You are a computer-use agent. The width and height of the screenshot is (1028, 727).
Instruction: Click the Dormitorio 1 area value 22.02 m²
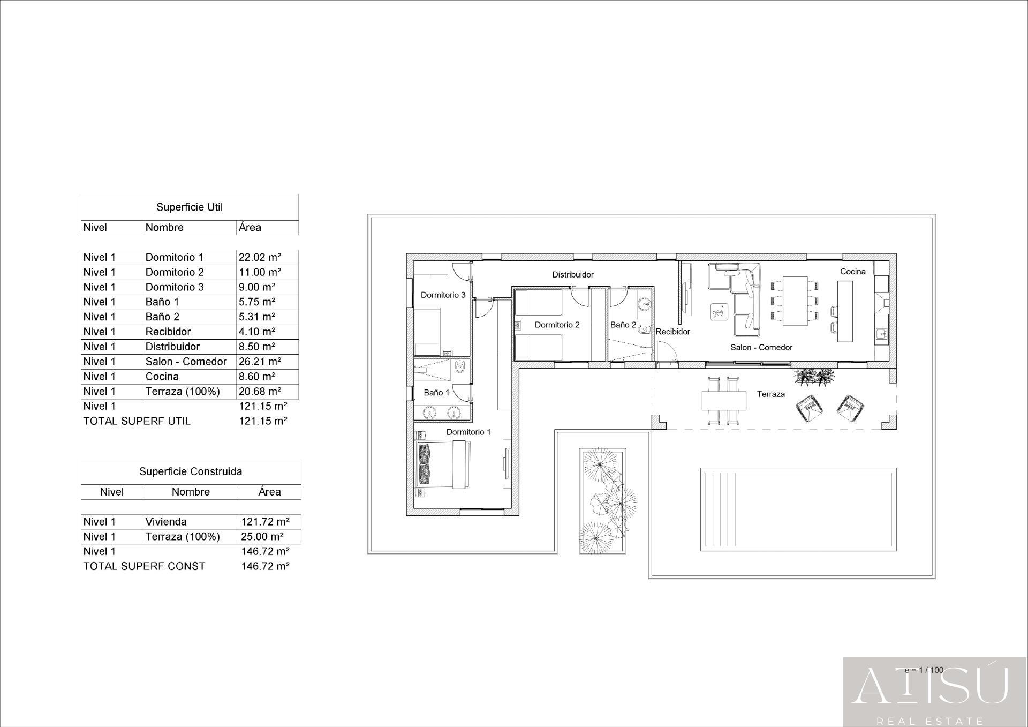click(260, 257)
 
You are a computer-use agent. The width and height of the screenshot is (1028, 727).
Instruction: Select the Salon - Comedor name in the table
click(186, 362)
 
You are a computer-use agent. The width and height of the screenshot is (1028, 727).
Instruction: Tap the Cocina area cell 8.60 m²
click(257, 377)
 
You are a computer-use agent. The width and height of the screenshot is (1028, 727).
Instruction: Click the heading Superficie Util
click(190, 207)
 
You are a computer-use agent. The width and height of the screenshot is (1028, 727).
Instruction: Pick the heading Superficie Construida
click(191, 471)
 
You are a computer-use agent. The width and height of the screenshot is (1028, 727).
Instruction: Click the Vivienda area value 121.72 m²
click(265, 522)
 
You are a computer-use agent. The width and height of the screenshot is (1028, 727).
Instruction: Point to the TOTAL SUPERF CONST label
click(144, 566)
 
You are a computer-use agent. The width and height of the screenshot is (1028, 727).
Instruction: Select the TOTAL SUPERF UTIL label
click(137, 421)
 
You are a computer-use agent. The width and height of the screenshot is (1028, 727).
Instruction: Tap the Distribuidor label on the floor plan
click(573, 275)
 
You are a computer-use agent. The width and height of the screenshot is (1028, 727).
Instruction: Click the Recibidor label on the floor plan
click(672, 332)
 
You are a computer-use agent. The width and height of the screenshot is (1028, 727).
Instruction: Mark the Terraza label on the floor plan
click(770, 394)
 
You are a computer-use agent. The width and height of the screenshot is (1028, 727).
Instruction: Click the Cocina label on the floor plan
click(852, 272)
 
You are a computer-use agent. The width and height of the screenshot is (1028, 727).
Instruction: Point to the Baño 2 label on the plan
click(623, 325)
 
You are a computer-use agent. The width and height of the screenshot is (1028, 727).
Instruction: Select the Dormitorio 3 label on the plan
click(443, 295)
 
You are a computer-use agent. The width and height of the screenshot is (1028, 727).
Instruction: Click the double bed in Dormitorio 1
click(444, 464)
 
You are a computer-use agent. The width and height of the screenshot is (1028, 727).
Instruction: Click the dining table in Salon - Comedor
click(795, 301)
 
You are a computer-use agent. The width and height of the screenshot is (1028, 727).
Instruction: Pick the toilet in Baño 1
click(459, 368)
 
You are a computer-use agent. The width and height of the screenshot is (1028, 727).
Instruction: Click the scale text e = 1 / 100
click(924, 670)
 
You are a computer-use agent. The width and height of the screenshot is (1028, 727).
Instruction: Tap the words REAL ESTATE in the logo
click(929, 721)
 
